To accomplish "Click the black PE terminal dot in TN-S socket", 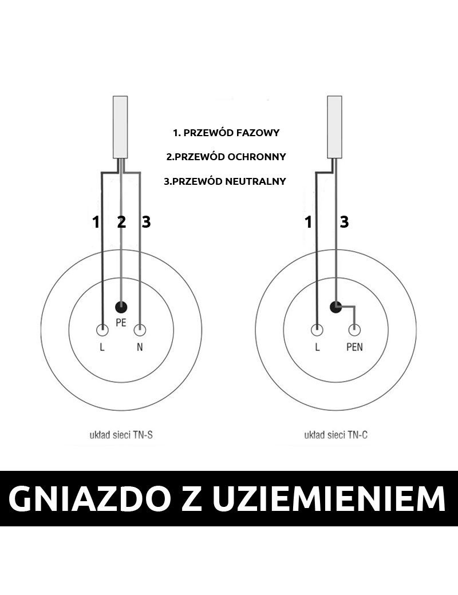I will [121, 306].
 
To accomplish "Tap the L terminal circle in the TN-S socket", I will [102, 330].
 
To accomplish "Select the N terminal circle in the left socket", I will [140, 330].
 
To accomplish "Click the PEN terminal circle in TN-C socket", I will [355, 330].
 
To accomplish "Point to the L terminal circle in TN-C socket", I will [317, 330].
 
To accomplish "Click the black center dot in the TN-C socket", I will [336, 307].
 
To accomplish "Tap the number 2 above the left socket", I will [121, 222].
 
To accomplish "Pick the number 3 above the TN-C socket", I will [344, 222].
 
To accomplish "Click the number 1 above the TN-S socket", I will [96, 222].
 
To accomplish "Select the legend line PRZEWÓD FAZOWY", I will [226, 133].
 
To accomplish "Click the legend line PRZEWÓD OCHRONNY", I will [226, 157].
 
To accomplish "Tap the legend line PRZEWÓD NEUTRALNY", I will [225, 181].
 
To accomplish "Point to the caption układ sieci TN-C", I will [335, 435].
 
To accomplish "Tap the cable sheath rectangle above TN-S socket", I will [121, 126].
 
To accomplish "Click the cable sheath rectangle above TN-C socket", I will [335, 126].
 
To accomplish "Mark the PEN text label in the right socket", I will [355, 347].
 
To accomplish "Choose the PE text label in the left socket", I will [121, 323].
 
